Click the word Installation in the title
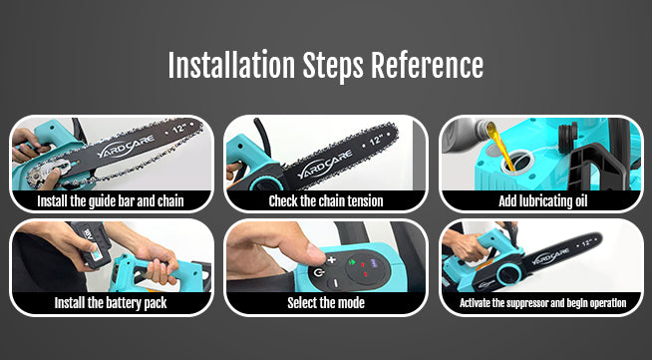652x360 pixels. click(231, 65)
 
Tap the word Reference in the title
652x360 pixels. click(427, 65)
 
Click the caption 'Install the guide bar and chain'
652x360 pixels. click(111, 201)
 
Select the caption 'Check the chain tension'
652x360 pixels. click(326, 201)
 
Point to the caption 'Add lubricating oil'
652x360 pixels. click(542, 201)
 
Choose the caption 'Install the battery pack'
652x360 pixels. click(111, 302)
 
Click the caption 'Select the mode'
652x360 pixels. click(326, 302)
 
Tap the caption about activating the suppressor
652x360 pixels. click(542, 302)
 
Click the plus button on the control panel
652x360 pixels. click(331, 260)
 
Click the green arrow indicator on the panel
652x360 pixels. click(352, 262)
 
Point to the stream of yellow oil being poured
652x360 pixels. click(502, 146)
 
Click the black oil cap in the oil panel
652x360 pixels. click(567, 137)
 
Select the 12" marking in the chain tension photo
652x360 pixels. click(376, 140)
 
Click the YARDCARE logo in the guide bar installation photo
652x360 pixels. click(127, 147)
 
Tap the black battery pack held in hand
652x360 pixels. click(91, 243)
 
